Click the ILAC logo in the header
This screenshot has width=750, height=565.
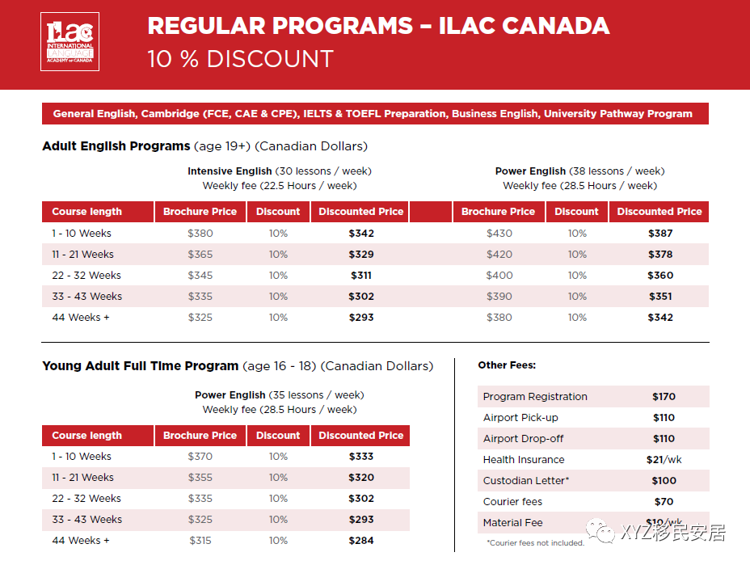point(70,41)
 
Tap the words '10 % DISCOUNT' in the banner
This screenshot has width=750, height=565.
point(240,59)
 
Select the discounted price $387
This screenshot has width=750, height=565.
point(660,234)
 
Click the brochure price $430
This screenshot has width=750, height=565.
point(499,234)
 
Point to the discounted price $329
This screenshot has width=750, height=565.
point(361,255)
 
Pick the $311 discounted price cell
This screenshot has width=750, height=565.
point(361,276)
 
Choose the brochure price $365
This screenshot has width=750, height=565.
point(200,255)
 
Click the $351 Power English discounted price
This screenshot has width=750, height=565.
point(660,297)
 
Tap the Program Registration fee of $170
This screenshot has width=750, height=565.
point(664,397)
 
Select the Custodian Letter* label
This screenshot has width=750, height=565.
point(526,481)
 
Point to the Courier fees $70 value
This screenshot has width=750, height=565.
point(664,502)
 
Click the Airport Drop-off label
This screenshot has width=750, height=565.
point(523,439)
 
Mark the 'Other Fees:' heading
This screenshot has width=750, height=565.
point(507,365)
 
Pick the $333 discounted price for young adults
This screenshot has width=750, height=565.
point(361,457)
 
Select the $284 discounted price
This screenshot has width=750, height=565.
point(361,541)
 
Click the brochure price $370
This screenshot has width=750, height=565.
point(200,457)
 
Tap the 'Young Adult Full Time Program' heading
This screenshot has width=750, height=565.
point(140,366)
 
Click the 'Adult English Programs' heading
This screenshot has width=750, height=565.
point(116,146)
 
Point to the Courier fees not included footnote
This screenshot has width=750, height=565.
point(535,543)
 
